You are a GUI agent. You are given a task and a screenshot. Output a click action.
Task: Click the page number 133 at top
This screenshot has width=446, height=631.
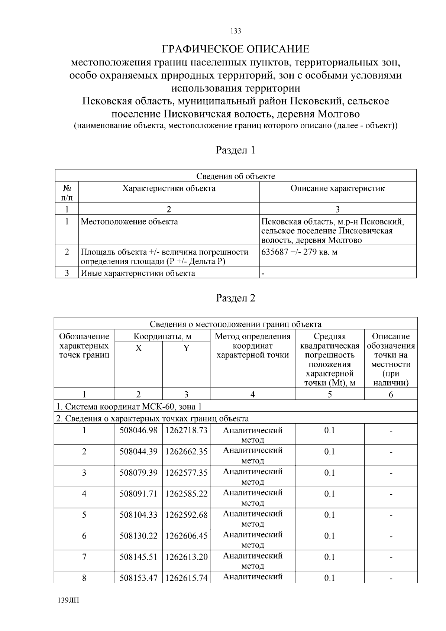point(236,31)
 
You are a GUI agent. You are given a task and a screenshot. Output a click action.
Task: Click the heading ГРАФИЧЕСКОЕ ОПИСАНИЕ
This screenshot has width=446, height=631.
point(236,49)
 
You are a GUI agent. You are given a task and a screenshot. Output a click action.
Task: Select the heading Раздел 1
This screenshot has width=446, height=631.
point(236,150)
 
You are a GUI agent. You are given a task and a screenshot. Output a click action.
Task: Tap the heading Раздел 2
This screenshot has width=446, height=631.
point(236,298)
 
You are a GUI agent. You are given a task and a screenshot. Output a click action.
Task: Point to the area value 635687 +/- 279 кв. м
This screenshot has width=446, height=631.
point(299,252)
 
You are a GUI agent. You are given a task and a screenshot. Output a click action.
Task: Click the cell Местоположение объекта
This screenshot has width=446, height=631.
point(129,222)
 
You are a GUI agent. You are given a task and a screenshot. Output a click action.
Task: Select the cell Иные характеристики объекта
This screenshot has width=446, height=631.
point(138,274)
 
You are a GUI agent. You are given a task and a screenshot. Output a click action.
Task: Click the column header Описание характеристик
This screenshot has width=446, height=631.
point(337,188)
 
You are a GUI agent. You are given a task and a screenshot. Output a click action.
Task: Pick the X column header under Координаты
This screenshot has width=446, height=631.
point(138,348)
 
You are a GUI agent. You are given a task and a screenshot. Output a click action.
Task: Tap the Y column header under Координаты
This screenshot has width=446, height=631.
point(186,348)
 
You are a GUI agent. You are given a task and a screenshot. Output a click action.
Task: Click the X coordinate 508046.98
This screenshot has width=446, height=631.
point(138,430)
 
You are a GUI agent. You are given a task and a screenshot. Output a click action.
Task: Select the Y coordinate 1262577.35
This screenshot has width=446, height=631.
point(186,473)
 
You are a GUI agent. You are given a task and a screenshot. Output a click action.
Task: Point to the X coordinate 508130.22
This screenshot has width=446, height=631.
point(138,536)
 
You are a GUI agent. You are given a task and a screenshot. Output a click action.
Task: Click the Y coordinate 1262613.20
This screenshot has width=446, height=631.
point(186,557)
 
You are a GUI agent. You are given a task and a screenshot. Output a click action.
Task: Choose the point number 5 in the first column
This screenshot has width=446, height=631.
point(84,515)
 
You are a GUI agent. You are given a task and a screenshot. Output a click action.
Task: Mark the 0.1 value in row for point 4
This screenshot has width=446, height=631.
point(329,494)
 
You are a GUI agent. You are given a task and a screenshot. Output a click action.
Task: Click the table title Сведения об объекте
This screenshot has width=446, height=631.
point(236,176)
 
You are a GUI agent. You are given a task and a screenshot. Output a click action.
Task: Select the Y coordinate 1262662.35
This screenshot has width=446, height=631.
point(186,452)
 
